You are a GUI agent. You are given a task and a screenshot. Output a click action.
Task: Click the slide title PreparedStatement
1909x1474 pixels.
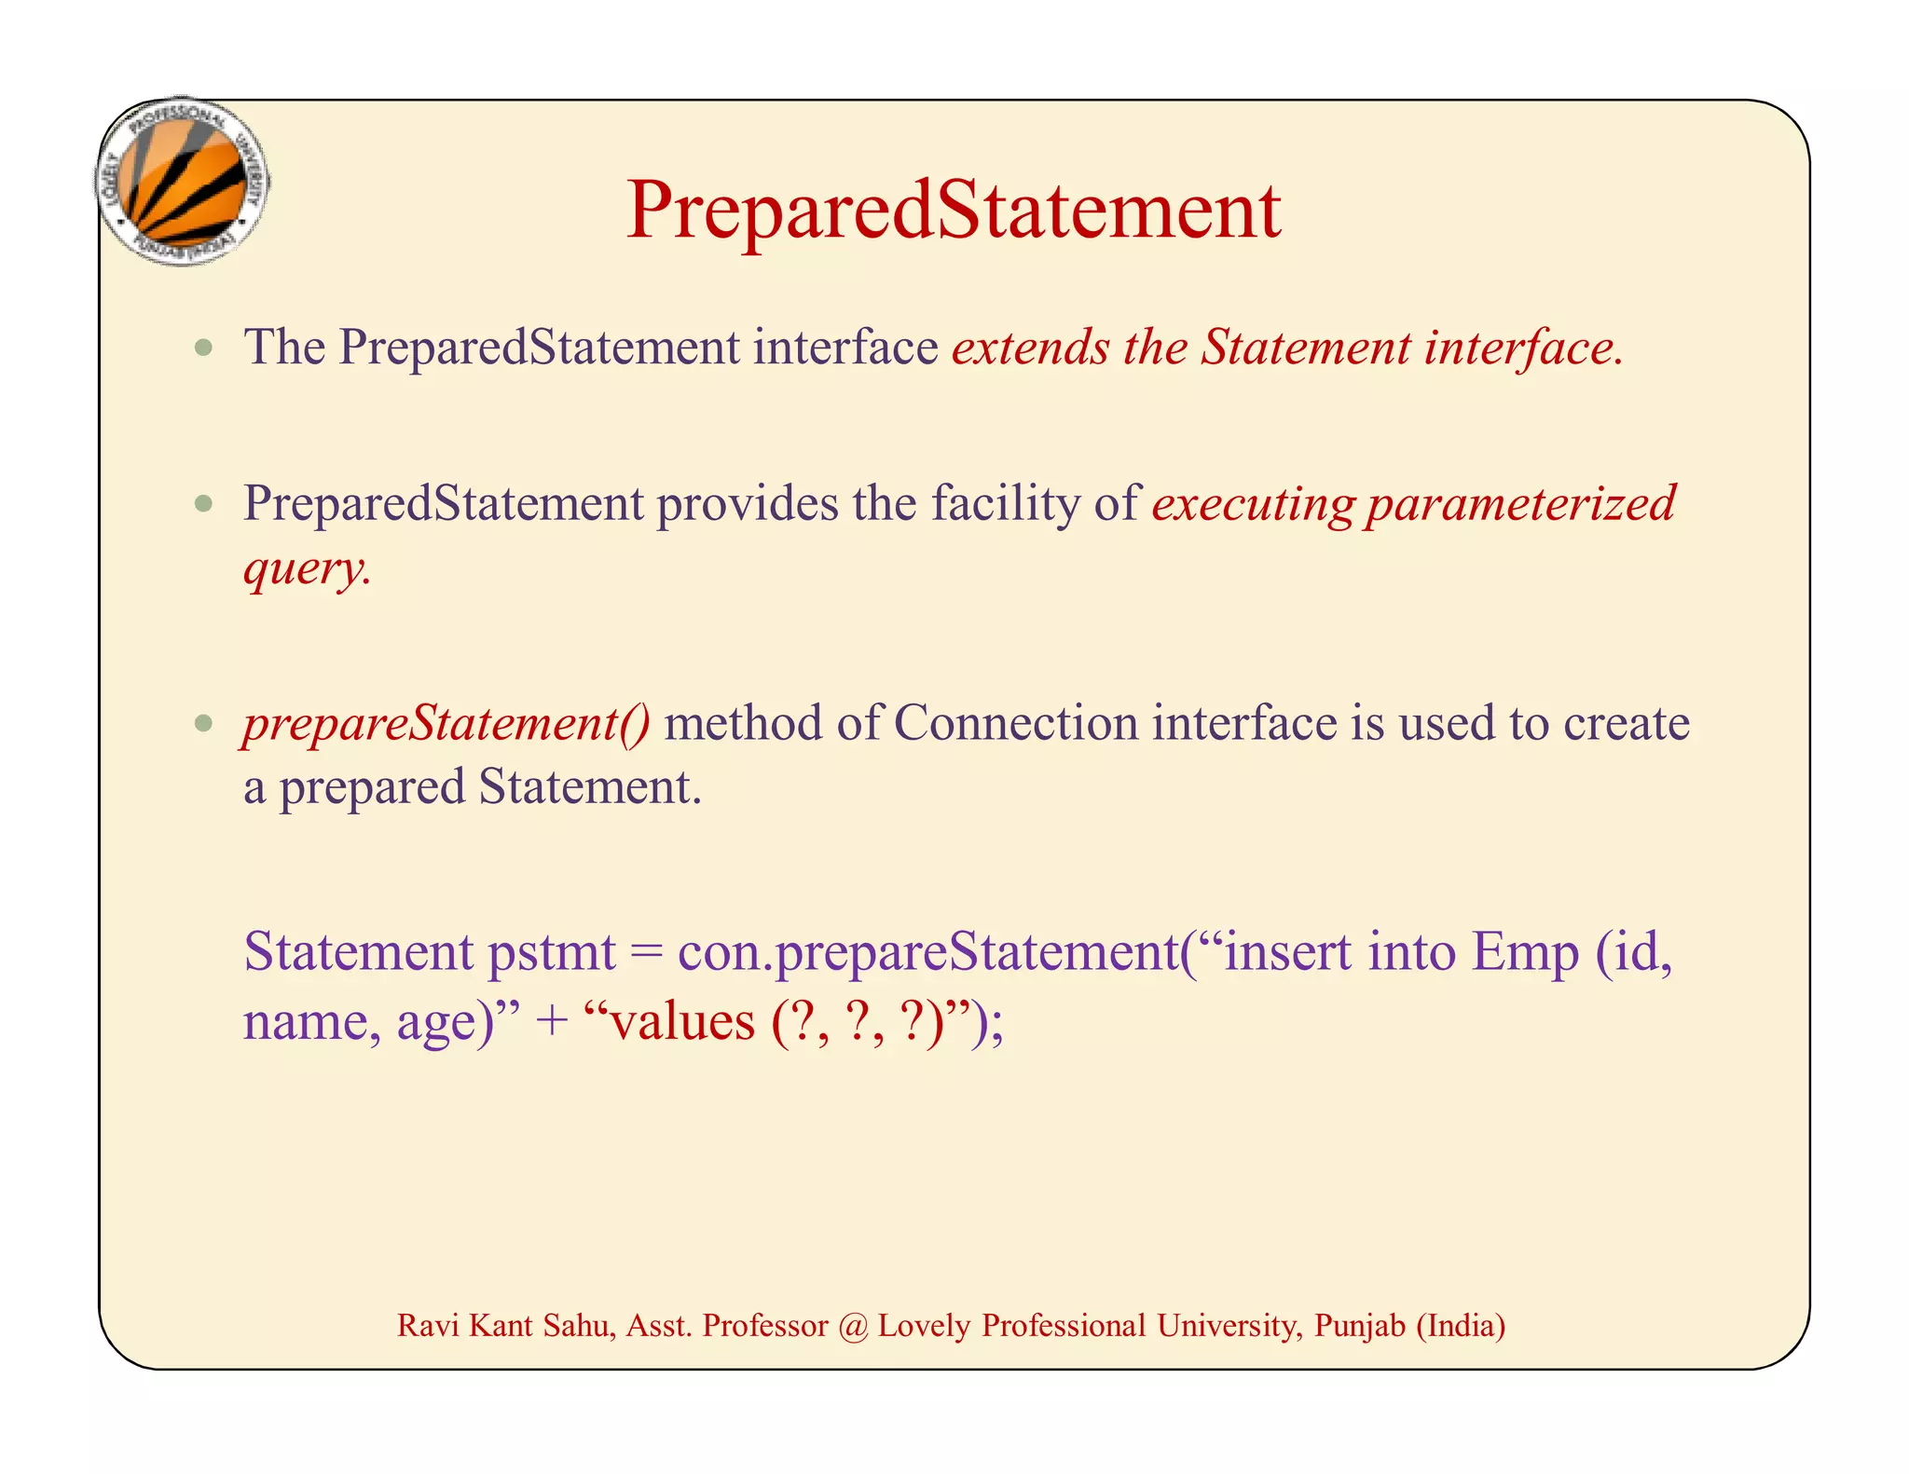(x=953, y=211)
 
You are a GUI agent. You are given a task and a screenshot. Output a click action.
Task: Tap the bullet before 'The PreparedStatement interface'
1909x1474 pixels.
(x=204, y=349)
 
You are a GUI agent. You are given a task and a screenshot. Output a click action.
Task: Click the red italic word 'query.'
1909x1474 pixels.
(x=307, y=567)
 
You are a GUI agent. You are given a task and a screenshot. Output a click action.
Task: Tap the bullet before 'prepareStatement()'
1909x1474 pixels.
(x=204, y=724)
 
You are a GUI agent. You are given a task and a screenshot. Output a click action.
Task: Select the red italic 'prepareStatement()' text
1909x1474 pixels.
(x=446, y=724)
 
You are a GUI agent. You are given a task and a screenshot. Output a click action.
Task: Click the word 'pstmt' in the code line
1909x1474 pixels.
(x=551, y=953)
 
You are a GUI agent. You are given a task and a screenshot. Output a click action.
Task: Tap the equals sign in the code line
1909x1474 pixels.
(x=645, y=953)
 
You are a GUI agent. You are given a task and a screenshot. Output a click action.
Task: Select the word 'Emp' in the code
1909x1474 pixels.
(x=1523, y=953)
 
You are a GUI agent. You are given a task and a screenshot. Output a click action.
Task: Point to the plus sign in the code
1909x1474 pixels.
(x=552, y=1022)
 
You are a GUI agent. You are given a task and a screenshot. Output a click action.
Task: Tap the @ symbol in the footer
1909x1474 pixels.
(x=852, y=1326)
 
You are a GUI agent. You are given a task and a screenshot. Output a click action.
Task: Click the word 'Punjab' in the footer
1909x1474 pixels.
(x=1359, y=1326)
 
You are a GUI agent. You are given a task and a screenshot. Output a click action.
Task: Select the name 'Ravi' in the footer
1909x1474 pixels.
(x=427, y=1326)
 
